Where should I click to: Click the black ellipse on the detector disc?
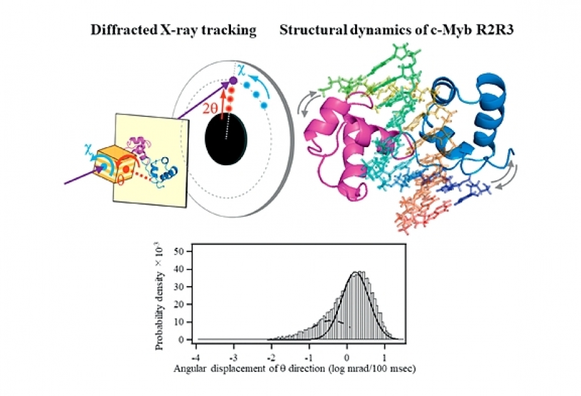[226, 138]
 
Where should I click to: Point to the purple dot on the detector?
[233, 80]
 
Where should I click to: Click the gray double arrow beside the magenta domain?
[310, 103]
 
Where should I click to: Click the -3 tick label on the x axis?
[233, 358]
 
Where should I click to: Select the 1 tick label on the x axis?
[385, 358]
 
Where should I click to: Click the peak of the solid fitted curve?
[355, 273]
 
